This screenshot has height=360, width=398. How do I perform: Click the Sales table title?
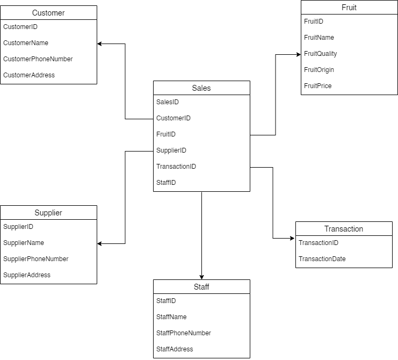pyautogui.click(x=201, y=88)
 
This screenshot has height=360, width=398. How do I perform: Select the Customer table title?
pyautogui.click(x=48, y=13)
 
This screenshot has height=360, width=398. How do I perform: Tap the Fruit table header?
pyautogui.click(x=349, y=8)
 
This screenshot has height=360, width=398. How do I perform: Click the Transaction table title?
pyautogui.click(x=344, y=229)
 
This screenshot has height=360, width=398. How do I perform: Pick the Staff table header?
pyautogui.click(x=201, y=287)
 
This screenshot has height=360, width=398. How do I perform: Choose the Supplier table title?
pyautogui.click(x=48, y=213)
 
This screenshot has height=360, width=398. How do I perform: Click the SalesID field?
pyautogui.click(x=168, y=102)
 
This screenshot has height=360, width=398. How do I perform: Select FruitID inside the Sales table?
pyautogui.click(x=166, y=134)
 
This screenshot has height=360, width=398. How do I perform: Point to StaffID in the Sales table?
pyautogui.click(x=166, y=183)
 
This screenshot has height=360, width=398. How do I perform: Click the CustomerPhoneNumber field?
pyautogui.click(x=38, y=59)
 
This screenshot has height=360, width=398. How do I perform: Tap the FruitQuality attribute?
pyautogui.click(x=321, y=54)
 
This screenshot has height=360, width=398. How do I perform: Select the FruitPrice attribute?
pyautogui.click(x=318, y=86)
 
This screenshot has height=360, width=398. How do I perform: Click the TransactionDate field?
pyautogui.click(x=322, y=259)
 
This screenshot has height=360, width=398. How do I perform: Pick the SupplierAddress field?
pyautogui.click(x=27, y=275)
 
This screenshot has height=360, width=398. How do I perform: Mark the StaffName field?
pyautogui.click(x=171, y=317)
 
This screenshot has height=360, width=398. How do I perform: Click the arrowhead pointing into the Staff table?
pyautogui.click(x=202, y=276)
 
